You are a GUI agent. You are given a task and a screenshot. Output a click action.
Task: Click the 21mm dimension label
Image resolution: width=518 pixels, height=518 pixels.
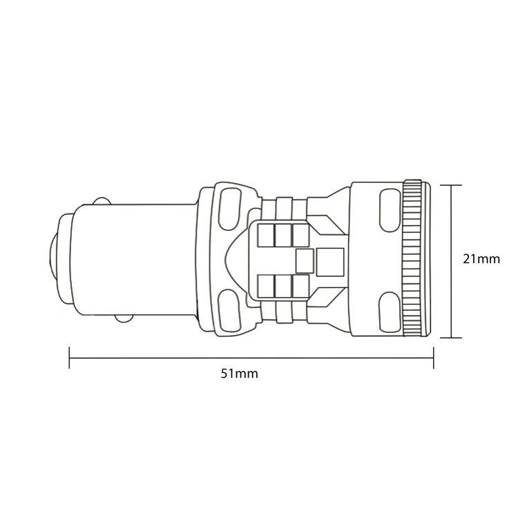pos(481,260)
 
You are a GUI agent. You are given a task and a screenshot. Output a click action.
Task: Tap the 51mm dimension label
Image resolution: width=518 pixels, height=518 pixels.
pos(239,374)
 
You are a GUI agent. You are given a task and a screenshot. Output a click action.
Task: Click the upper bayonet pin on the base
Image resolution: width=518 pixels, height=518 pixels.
pos(102,201)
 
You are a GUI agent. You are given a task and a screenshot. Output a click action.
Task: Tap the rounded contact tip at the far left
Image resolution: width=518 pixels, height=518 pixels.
pos(52,260)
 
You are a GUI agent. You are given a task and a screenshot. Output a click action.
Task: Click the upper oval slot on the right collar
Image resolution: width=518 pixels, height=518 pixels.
pos(389,209)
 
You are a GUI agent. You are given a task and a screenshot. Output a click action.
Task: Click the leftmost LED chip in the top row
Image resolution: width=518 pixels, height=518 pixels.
pos(265,235)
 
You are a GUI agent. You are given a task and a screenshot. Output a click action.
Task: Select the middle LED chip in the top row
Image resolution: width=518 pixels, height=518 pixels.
pos(282,235)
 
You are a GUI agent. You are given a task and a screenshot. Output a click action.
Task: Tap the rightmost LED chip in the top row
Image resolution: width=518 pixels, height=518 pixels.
pos(300,235)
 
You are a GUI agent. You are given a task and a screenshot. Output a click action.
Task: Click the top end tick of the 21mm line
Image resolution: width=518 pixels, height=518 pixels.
pos(451,185)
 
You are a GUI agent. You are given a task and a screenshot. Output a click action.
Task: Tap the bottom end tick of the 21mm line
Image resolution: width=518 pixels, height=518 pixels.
pos(451,338)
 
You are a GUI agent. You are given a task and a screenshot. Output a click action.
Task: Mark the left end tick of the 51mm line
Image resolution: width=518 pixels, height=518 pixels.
pos(70,358)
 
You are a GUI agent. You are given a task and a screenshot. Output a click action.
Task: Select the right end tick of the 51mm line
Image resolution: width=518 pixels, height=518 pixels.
pos(433,358)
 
